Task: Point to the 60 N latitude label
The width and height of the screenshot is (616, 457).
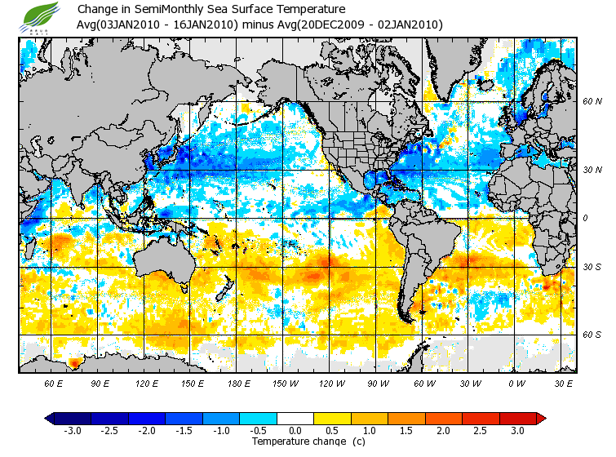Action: pyautogui.click(x=592, y=101)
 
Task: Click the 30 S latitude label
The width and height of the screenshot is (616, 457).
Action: pyautogui.click(x=592, y=267)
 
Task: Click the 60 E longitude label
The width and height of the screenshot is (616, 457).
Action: pyautogui.click(x=54, y=382)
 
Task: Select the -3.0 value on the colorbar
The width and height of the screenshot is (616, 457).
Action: pyautogui.click(x=73, y=431)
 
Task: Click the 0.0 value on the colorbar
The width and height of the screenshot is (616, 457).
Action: pyautogui.click(x=295, y=431)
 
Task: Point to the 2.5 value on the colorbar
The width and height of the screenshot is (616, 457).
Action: pyautogui.click(x=481, y=431)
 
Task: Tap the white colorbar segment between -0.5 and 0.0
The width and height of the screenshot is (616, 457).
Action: pyautogui.click(x=277, y=419)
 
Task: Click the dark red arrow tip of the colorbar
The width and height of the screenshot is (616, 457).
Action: pyautogui.click(x=540, y=419)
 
